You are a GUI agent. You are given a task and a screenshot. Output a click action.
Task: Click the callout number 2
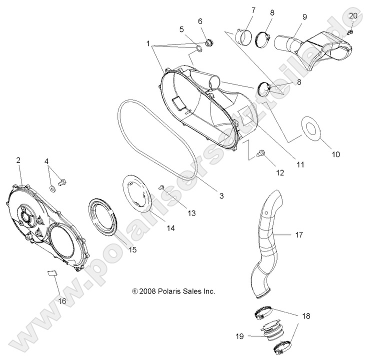[x=18, y=160]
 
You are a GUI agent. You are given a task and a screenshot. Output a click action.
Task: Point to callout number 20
[x=353, y=16]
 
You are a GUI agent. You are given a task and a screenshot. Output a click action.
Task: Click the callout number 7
[x=253, y=10]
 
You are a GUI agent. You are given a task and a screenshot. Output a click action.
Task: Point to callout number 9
[x=304, y=16]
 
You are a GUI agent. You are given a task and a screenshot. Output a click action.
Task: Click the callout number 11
[x=300, y=163]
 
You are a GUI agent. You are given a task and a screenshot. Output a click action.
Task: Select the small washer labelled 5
[x=199, y=48]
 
